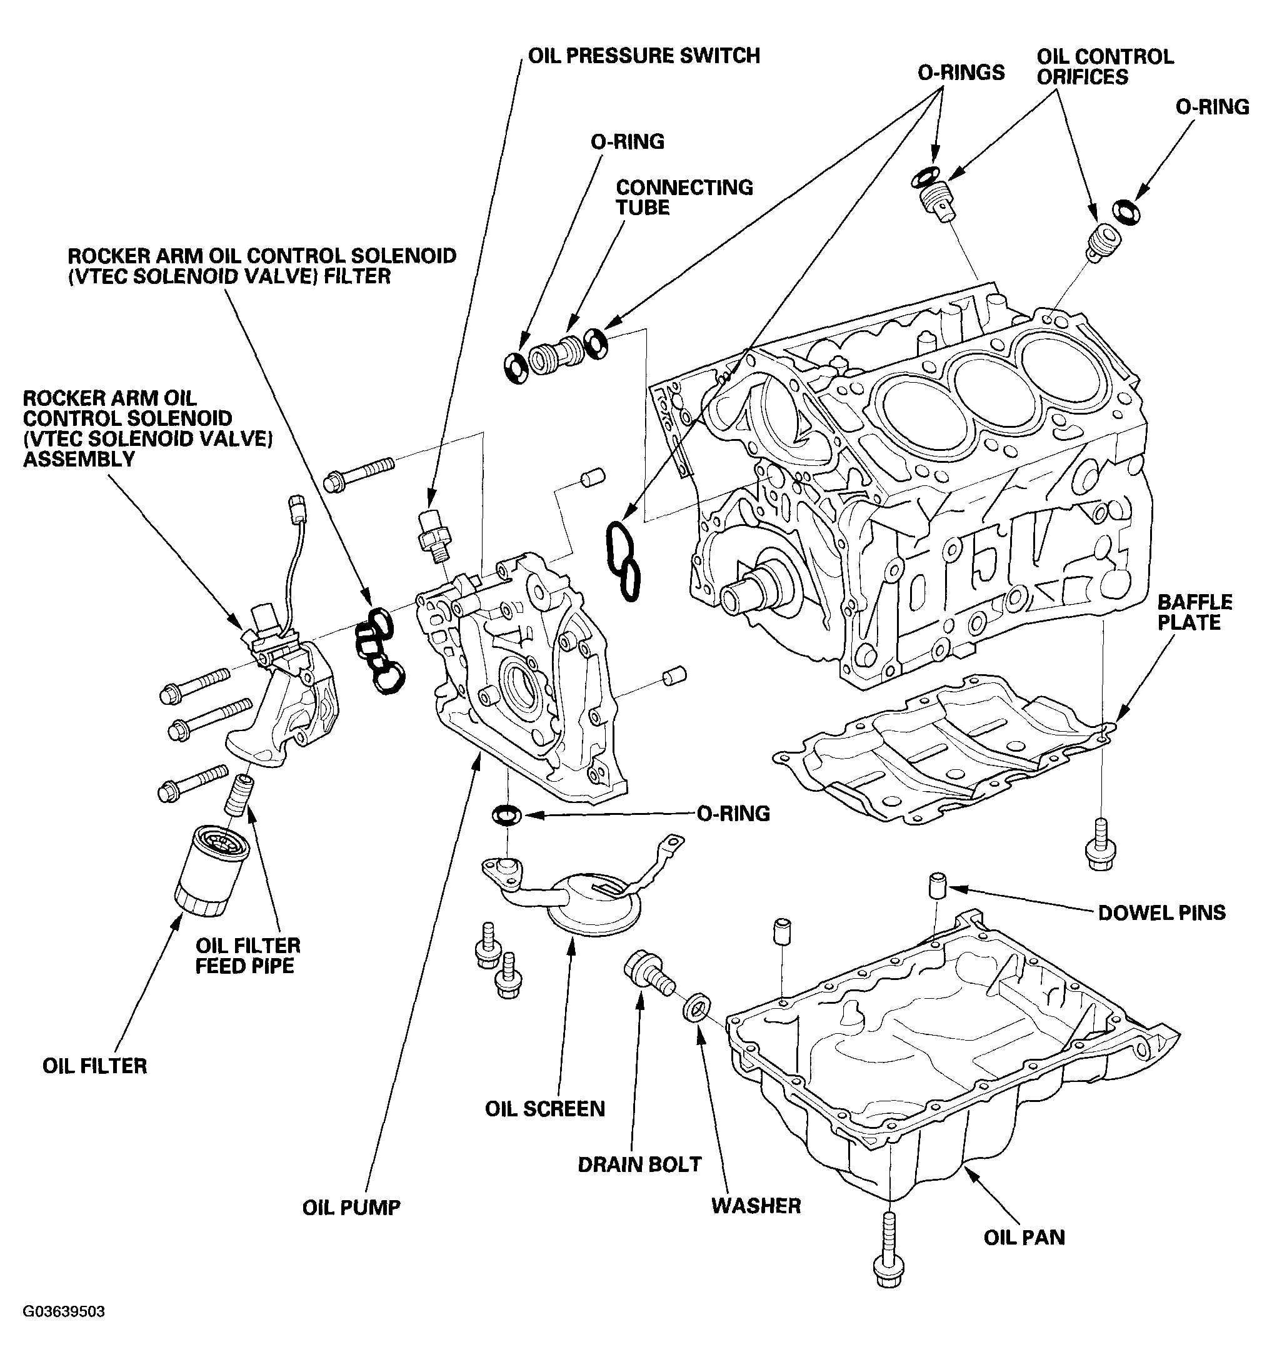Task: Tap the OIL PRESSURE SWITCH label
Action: click(x=643, y=56)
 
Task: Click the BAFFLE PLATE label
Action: click(x=1194, y=612)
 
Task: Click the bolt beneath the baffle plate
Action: click(x=1101, y=844)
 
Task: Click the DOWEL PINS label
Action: click(x=1161, y=912)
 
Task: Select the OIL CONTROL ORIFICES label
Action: click(x=1104, y=66)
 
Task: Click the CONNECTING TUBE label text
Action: click(x=683, y=197)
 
